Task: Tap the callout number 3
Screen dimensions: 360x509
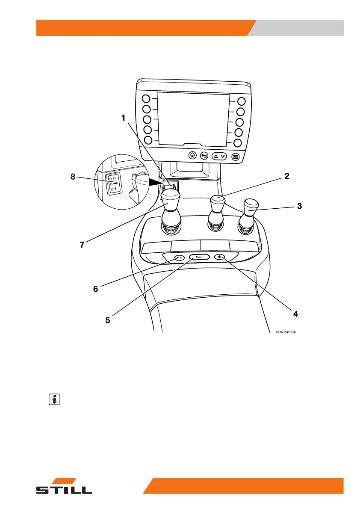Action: pos(300,206)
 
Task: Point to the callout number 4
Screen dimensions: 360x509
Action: pos(295,314)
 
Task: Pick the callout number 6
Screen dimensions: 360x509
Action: pos(96,289)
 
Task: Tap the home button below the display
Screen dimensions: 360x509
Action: pos(193,156)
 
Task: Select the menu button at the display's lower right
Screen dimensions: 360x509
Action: pos(235,157)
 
